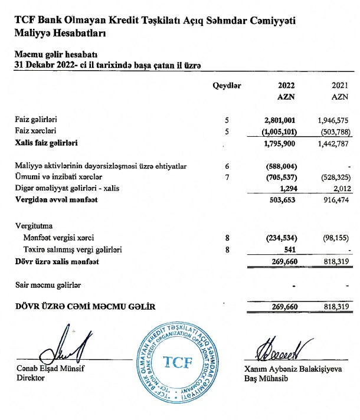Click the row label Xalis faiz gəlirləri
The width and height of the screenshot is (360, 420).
pyautogui.click(x=48, y=143)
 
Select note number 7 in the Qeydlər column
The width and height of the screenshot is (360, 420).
pyautogui.click(x=227, y=177)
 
